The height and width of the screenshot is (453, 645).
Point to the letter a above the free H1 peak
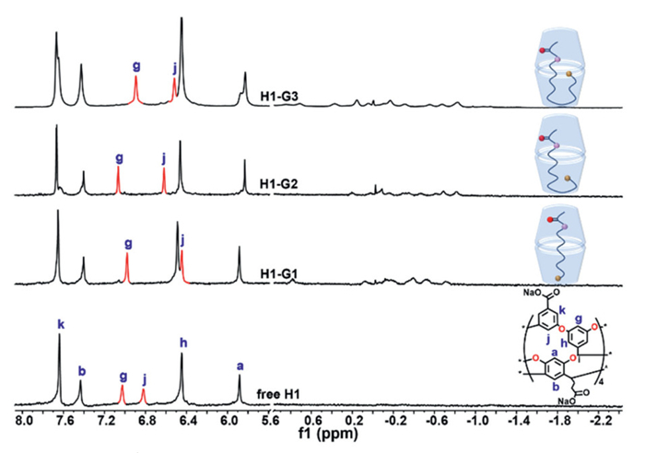pyautogui.click(x=240, y=365)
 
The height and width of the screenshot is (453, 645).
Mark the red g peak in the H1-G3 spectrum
pyautogui.click(x=136, y=91)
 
